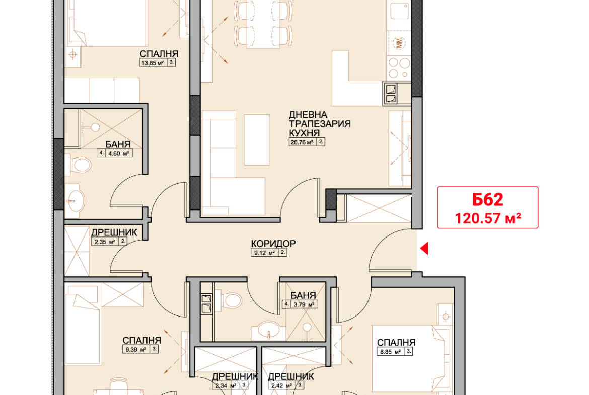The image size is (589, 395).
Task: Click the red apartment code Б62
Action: point(488,200)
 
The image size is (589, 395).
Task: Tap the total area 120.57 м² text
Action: point(488,218)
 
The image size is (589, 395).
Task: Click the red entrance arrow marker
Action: point(424,248)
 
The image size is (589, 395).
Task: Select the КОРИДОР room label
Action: point(273,244)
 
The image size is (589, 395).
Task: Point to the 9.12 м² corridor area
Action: point(265,253)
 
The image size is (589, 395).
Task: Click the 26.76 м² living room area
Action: point(302,142)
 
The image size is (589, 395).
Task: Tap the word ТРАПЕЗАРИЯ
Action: point(320,124)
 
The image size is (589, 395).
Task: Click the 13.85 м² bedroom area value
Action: point(152,63)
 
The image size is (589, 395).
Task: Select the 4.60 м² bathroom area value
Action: point(119,153)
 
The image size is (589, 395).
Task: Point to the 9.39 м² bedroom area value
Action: point(136,350)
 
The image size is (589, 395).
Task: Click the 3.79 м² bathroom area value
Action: point(304,304)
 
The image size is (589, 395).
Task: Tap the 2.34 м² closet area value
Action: point(226,385)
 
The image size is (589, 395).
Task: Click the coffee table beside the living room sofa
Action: point(257,140)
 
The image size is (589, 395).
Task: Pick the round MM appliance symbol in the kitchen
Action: point(399,43)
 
